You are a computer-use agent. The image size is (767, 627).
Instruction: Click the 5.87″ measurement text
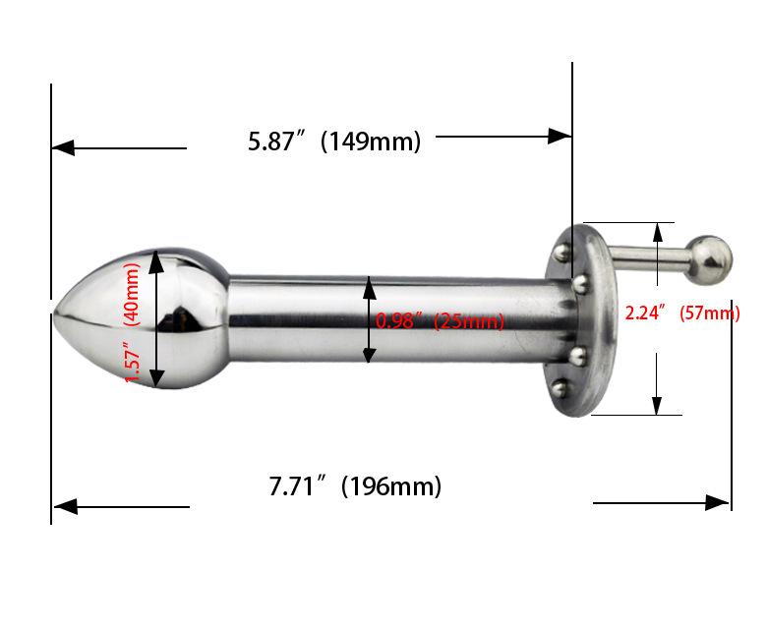pos(277,142)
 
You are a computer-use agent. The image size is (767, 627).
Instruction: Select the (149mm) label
pos(371,142)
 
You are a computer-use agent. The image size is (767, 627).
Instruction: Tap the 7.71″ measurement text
pos(297,485)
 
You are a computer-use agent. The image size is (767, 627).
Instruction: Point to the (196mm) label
pos(391,486)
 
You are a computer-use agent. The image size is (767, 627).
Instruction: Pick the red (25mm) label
pos(469,321)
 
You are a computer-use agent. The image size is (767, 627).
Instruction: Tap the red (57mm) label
pos(710,313)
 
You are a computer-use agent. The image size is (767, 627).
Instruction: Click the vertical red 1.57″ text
pos(133,362)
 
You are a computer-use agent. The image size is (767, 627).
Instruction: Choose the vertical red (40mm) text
pos(133,294)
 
